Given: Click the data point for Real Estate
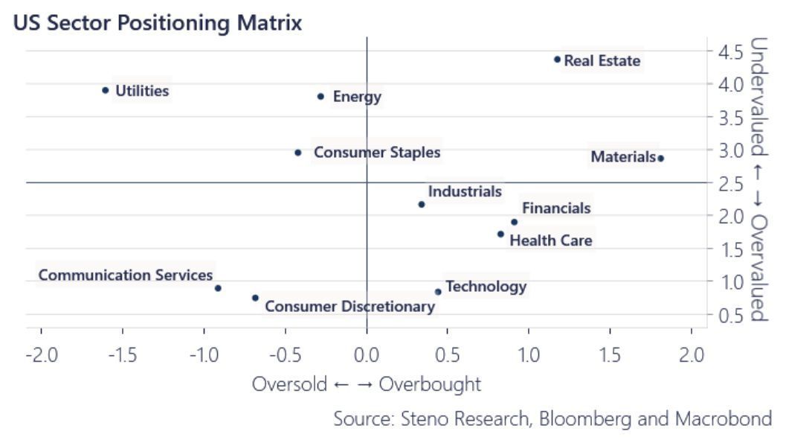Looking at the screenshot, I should point(557,60).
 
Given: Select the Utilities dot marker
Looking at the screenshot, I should point(106,91).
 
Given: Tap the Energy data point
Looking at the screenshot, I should point(320,96).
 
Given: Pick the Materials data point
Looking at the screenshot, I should point(660,158).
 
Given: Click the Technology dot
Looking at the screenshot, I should point(438,292).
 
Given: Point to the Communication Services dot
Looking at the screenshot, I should point(218,288).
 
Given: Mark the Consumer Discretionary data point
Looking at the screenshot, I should point(255,298).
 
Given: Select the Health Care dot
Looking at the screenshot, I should point(500,234).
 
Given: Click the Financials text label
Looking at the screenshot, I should point(556,208).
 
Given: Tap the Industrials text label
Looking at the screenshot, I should point(465,192).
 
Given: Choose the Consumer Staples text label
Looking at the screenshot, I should point(377,153).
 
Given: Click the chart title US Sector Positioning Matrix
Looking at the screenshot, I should point(157,22).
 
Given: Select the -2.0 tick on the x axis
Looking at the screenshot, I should point(41,354).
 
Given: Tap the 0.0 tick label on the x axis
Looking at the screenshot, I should point(367,354).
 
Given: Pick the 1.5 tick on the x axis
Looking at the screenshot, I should point(610,354).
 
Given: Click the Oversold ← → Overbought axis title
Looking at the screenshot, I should point(367,384).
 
